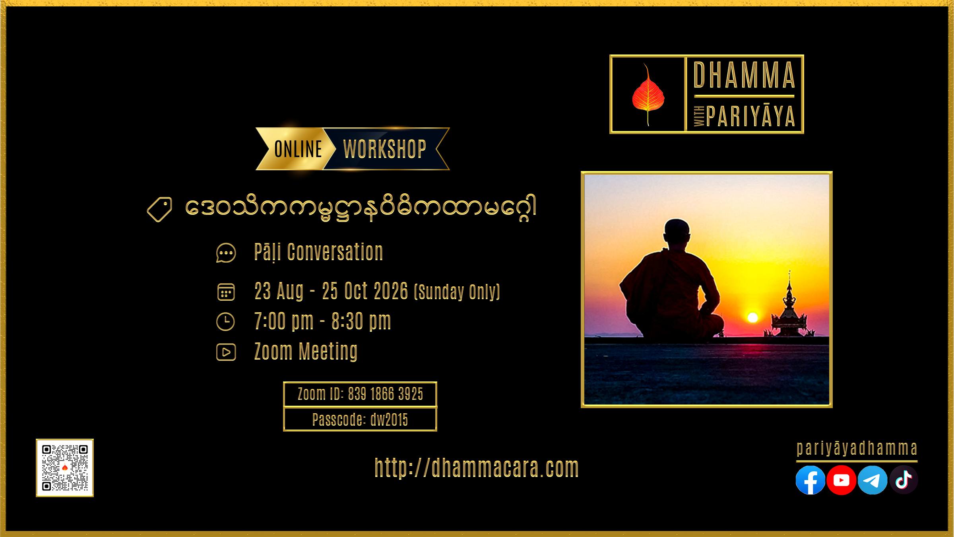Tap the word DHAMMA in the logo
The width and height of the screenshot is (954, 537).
(x=744, y=75)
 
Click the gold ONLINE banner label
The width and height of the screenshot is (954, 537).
(x=298, y=149)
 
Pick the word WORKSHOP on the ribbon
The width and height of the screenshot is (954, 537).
(x=385, y=149)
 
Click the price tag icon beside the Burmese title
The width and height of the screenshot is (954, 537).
(x=159, y=209)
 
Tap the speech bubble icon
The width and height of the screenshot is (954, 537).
(x=226, y=253)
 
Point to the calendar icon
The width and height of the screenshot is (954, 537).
(x=226, y=292)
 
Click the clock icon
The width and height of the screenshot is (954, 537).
(x=225, y=321)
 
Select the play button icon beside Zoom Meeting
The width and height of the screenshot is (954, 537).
(x=226, y=352)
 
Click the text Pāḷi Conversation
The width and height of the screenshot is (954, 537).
(x=318, y=252)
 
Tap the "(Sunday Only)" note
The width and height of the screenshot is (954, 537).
(x=457, y=292)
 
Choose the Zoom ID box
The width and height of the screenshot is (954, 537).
(x=360, y=394)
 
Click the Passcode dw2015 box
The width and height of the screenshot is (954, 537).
(x=360, y=420)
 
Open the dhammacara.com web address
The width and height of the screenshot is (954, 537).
(x=477, y=468)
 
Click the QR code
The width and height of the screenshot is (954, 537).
(x=65, y=468)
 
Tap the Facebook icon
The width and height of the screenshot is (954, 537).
(x=810, y=480)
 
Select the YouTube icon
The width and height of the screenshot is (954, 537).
(x=841, y=480)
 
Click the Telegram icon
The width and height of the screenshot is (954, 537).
(x=872, y=480)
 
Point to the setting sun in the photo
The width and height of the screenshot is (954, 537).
(x=752, y=317)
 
